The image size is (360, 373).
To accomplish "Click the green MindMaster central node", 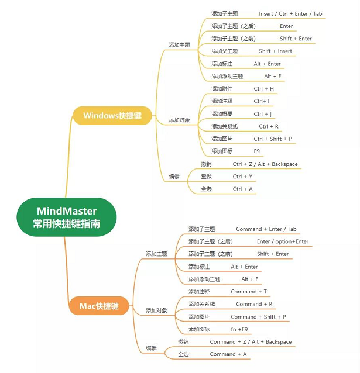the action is click(67, 217).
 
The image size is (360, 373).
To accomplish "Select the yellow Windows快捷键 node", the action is click(112, 116).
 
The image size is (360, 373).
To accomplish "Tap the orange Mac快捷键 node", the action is click(99, 306).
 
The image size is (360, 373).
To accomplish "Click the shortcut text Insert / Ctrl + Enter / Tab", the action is click(290, 14).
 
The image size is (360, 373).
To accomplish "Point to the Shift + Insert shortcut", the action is click(276, 51).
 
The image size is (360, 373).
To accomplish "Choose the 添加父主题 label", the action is click(225, 51).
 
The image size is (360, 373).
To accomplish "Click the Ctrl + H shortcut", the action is click(264, 89).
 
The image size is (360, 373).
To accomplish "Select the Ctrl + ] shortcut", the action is click(263, 114).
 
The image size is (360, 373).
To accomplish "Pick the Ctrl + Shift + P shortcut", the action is click(273, 139).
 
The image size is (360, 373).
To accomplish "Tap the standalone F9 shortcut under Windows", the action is click(256, 151).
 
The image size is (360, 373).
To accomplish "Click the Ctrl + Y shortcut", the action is click(242, 177).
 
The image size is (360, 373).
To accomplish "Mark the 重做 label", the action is click(206, 177).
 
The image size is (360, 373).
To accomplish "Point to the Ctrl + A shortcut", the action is click(242, 189).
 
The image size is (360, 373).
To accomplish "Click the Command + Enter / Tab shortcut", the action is click(266, 229).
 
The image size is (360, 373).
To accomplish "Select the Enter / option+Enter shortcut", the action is click(283, 241).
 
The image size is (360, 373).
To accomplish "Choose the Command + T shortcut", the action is click(249, 292).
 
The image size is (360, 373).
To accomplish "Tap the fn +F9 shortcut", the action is click(239, 329).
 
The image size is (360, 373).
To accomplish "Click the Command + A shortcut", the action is click(228, 354).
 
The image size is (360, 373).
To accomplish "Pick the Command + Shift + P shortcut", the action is click(258, 317).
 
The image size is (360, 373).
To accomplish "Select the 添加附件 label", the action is click(222, 89).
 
